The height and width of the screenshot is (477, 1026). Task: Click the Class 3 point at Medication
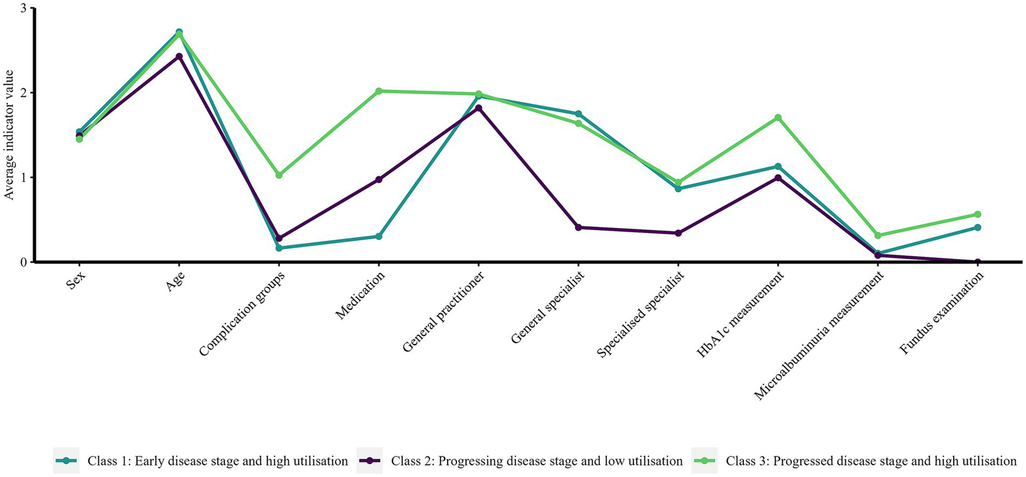pyautogui.click(x=379, y=91)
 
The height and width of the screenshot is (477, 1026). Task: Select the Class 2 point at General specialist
pyautogui.click(x=579, y=227)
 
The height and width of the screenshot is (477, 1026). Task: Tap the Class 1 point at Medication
pyautogui.click(x=379, y=236)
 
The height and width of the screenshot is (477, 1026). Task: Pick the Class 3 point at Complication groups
pyautogui.click(x=279, y=175)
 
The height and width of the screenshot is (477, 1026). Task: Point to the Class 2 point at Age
pyautogui.click(x=179, y=56)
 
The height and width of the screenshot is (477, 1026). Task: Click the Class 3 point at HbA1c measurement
pyautogui.click(x=778, y=118)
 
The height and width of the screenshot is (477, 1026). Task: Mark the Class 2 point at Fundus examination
pyautogui.click(x=978, y=262)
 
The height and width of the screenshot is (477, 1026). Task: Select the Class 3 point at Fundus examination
pyautogui.click(x=978, y=215)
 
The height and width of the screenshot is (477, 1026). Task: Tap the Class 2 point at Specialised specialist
pyautogui.click(x=678, y=233)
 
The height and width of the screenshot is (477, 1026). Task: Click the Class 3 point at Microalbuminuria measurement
pyautogui.click(x=878, y=235)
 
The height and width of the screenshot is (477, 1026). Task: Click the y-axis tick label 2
pyautogui.click(x=23, y=92)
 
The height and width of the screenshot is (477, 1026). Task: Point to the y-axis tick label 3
pyautogui.click(x=23, y=8)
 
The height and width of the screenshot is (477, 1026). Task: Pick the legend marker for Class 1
pyautogui.click(x=66, y=460)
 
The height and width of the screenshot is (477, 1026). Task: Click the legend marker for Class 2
pyautogui.click(x=370, y=460)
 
